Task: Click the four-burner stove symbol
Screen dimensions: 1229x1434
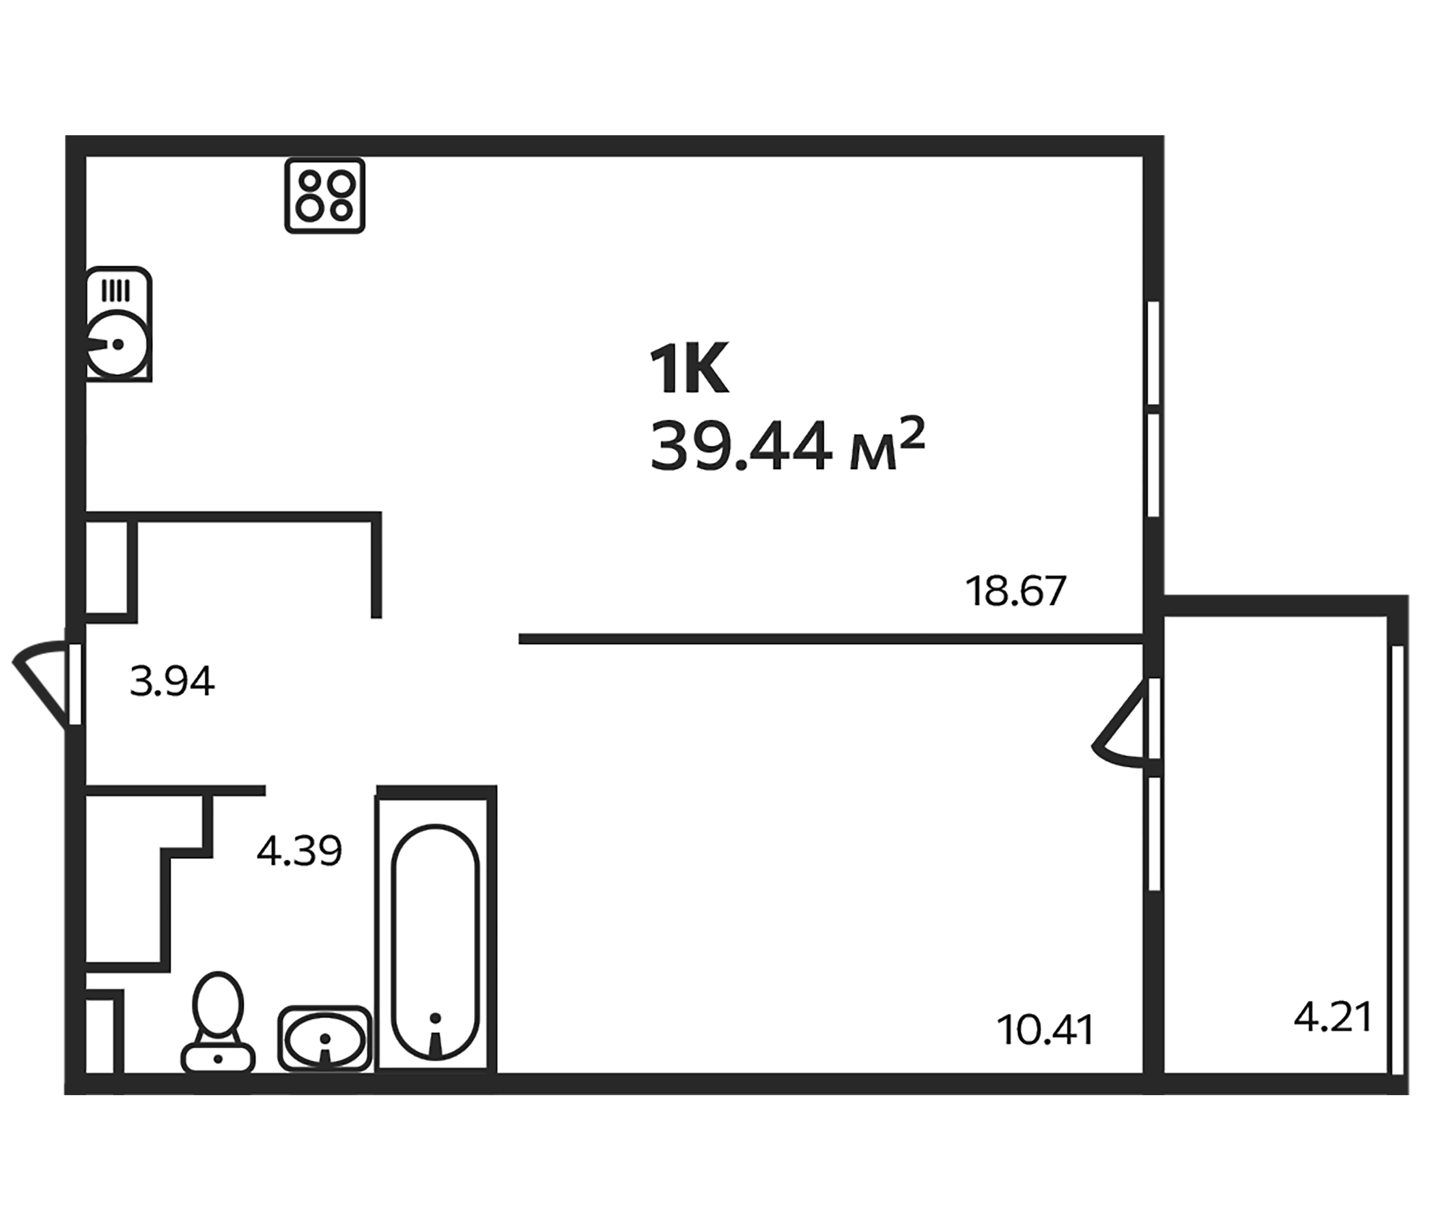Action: click(x=324, y=196)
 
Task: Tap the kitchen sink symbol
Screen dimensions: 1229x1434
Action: click(x=118, y=324)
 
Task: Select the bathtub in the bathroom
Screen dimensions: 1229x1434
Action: click(x=436, y=942)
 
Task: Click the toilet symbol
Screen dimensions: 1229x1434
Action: click(x=218, y=1023)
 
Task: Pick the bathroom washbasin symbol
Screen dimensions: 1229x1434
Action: click(x=324, y=1038)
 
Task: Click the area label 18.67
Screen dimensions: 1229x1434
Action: click(x=1015, y=591)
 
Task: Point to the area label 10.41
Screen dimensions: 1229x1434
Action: click(x=1045, y=1030)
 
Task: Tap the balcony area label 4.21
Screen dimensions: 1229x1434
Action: click(x=1332, y=1018)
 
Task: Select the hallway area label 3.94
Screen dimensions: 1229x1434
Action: click(x=172, y=681)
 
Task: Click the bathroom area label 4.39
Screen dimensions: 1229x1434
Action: click(x=299, y=851)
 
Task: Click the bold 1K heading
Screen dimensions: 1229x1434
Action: click(x=688, y=370)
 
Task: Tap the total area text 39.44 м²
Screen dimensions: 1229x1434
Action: click(x=787, y=446)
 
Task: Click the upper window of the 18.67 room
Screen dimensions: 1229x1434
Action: click(x=1153, y=352)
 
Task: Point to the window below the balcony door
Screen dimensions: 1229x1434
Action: click(x=1154, y=834)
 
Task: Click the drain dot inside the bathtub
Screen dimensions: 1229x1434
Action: click(x=436, y=1018)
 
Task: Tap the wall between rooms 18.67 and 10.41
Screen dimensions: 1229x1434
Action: click(x=830, y=638)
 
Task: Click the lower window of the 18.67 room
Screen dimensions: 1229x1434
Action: click(x=1153, y=465)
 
